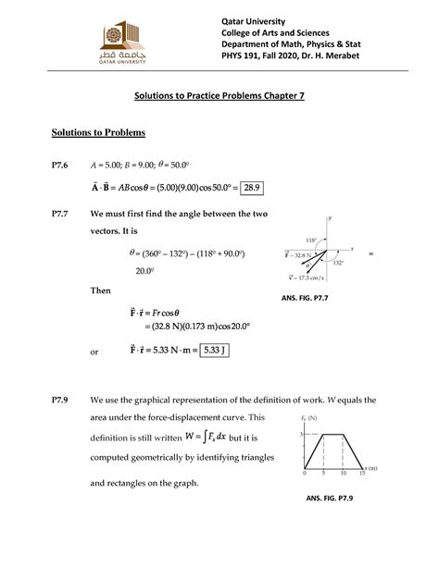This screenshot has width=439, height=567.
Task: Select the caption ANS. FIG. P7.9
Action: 333,497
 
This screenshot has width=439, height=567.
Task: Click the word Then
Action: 99,290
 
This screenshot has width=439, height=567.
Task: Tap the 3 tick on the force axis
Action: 302,434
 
